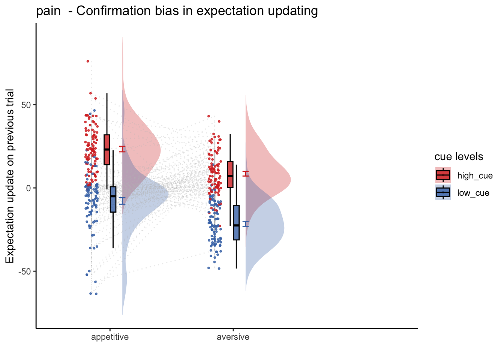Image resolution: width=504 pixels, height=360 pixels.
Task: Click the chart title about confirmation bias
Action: [177, 11]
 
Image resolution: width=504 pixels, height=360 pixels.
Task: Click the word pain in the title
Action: [48, 11]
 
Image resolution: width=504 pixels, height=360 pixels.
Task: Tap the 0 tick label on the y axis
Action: [28, 188]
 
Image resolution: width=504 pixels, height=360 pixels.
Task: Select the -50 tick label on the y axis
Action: [24, 271]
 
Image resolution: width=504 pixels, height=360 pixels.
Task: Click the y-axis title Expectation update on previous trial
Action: [10, 176]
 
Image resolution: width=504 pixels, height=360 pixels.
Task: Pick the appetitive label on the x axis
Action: [110, 337]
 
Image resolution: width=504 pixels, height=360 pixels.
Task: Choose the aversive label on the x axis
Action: [233, 337]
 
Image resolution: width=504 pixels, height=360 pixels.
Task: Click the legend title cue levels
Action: [459, 157]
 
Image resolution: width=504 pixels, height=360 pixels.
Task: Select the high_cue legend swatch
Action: [443, 175]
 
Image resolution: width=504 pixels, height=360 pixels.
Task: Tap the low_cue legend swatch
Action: [443, 192]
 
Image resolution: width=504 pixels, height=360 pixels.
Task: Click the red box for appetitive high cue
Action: [107, 150]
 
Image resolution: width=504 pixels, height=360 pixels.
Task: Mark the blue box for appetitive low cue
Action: [113, 199]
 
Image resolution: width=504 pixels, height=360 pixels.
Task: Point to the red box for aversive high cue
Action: [230, 174]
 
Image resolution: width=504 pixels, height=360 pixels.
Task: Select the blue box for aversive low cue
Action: [236, 223]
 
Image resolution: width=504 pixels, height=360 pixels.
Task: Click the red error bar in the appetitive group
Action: [122, 149]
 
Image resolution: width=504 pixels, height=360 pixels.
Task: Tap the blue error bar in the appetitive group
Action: [122, 201]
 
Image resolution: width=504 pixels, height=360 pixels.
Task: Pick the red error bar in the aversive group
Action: [246, 174]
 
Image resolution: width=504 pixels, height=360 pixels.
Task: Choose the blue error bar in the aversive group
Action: [246, 224]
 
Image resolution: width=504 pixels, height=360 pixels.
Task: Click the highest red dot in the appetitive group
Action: [88, 61]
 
